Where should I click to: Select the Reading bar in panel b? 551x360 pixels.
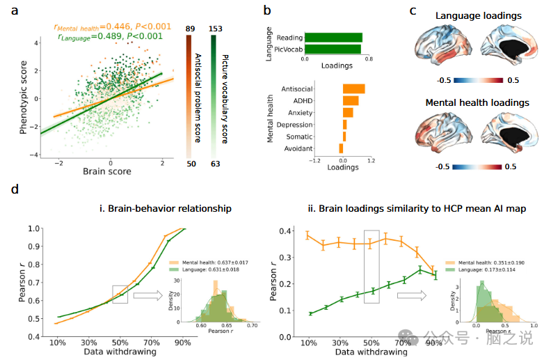tap(333, 37)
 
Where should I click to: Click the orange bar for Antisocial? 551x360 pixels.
tap(353, 88)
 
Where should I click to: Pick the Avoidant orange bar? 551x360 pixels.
tap(341, 148)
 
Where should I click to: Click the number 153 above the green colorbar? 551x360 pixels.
tap(215, 28)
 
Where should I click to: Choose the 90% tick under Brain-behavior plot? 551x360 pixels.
tap(183, 343)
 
